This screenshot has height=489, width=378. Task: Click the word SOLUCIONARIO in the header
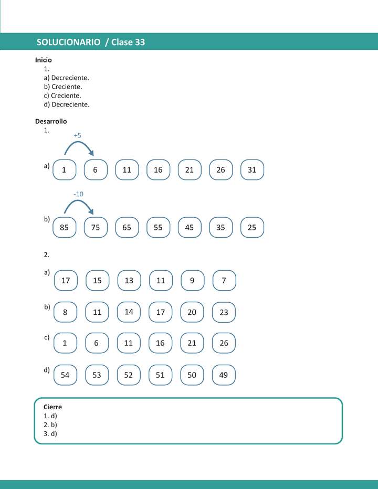[69, 42]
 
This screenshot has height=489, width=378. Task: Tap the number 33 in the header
[140, 42]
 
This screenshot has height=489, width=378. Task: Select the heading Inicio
[44, 60]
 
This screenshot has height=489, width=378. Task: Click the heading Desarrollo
[51, 121]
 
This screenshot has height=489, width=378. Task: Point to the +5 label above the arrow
[77, 135]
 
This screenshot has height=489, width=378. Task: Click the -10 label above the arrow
[78, 194]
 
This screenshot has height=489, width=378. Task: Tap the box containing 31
[252, 170]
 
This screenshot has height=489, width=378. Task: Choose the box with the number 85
[65, 228]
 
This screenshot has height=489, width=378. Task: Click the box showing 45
[190, 228]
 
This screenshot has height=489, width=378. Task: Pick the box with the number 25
[252, 228]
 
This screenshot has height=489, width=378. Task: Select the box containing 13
[129, 281]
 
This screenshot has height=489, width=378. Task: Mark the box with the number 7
[224, 281]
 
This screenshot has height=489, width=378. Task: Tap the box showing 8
[65, 312]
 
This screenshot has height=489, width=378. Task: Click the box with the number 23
[224, 312]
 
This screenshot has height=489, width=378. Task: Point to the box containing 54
[65, 375]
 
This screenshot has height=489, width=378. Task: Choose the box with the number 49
[224, 375]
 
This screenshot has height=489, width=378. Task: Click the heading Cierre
[52, 407]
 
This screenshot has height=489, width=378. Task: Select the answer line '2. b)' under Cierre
[50, 425]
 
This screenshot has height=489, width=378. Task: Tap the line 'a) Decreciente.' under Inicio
[66, 78]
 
